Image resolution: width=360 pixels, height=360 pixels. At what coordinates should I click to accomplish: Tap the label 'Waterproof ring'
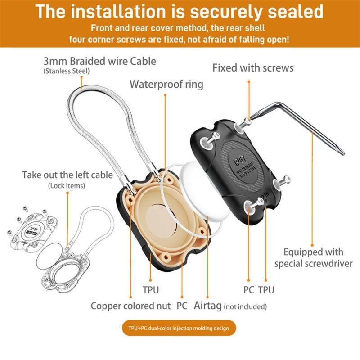[166, 84]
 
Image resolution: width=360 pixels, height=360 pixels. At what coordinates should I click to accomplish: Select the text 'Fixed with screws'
[253, 68]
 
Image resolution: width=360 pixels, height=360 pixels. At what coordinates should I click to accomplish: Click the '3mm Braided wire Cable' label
[99, 61]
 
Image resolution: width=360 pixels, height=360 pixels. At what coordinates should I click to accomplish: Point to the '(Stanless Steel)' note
[67, 71]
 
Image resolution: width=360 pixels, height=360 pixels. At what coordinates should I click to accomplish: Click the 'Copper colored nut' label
[130, 306]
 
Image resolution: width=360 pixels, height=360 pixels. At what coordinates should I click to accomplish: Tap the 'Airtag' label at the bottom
[207, 306]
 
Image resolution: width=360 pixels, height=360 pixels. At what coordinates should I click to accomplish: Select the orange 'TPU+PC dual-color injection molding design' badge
[179, 328]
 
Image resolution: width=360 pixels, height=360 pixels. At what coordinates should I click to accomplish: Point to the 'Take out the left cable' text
[67, 175]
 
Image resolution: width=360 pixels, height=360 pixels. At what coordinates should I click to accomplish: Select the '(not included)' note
[246, 307]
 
